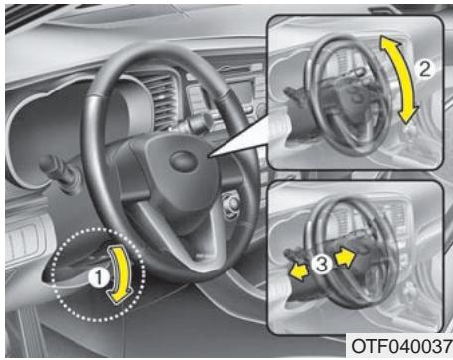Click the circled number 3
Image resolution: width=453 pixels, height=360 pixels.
click(x=321, y=266)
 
